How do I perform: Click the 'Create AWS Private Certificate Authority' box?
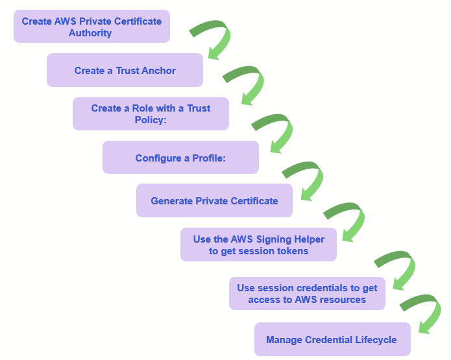(x=91, y=27)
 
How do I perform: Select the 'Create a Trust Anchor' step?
(x=125, y=70)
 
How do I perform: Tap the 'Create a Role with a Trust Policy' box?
(x=151, y=114)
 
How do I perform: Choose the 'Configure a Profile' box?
(x=180, y=158)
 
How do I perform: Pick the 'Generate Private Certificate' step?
(x=214, y=200)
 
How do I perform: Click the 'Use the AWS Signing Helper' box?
(x=258, y=245)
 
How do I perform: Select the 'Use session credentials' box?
(x=307, y=294)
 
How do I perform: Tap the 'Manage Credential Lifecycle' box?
(x=332, y=339)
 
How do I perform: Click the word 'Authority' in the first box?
(x=90, y=33)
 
